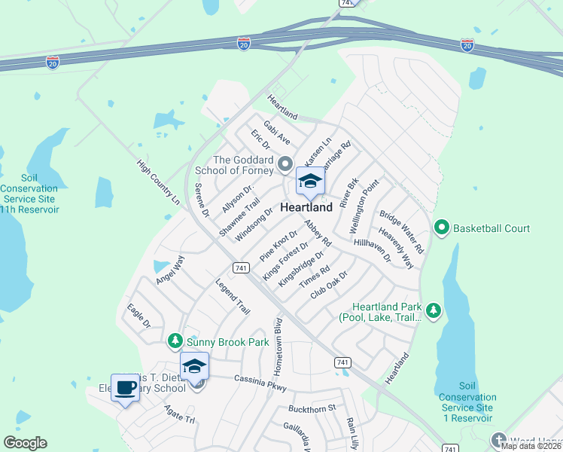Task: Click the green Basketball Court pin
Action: coord(442,227)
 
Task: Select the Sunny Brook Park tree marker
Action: coord(175,342)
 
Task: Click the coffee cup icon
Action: coord(125,389)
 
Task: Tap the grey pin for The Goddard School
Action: coord(285,163)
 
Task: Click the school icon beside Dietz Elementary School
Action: coord(194,367)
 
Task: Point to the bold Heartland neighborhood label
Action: coord(306,207)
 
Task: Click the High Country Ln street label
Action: coord(159,182)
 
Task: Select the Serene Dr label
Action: coord(201,200)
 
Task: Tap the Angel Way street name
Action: coord(170,270)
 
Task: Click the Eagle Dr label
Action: coord(139,315)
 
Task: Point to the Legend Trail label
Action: coord(233,297)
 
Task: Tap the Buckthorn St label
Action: coord(311,409)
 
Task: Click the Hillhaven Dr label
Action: coord(373,251)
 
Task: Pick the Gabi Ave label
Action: coord(276,133)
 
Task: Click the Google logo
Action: coord(26,443)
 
